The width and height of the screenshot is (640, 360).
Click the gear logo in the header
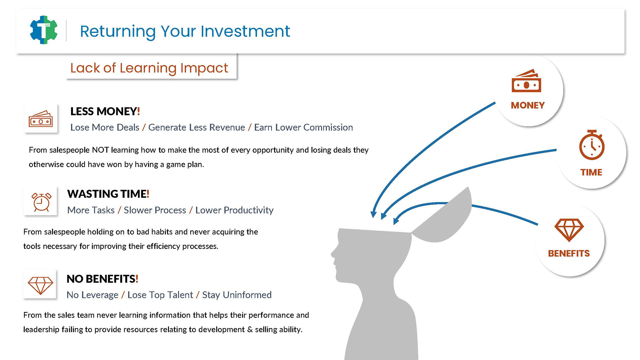pos(44,30)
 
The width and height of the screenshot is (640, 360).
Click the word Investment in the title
pos(245,31)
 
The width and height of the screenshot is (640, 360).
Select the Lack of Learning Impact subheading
pos(149,68)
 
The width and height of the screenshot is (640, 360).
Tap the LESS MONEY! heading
pos(105,111)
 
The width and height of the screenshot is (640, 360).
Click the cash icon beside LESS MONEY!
pos(41,119)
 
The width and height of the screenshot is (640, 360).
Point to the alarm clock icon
pos(41,202)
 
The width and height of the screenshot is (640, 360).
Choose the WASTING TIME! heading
pos(108,194)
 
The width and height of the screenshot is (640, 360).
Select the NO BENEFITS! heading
pos(102,279)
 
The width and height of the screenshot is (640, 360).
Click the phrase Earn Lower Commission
pos(303,127)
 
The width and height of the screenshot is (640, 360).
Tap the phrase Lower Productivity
pos(234,210)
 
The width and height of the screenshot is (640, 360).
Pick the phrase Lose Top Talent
pos(160,295)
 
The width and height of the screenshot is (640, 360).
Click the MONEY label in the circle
pos(528,105)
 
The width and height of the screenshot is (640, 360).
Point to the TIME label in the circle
pos(591,172)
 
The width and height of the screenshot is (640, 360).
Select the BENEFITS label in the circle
pos(569,253)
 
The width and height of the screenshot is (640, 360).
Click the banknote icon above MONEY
pos(526,81)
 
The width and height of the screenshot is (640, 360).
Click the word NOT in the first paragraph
pos(100,150)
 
